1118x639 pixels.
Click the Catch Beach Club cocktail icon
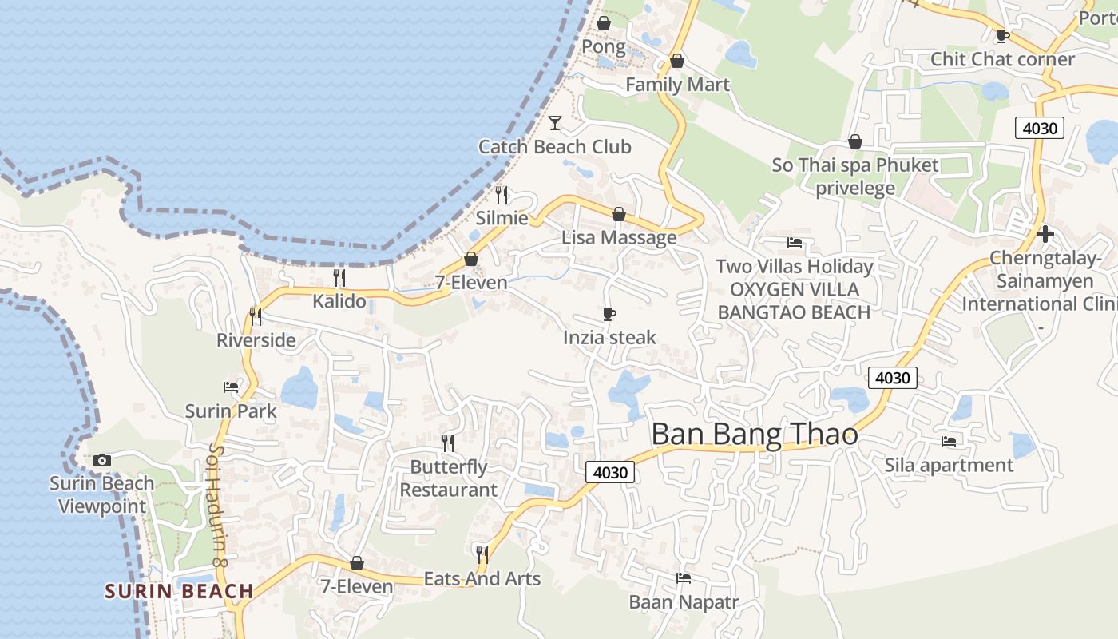555,123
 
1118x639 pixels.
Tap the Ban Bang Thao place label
754,435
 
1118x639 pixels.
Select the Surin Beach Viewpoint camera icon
101,460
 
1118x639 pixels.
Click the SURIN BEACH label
180,592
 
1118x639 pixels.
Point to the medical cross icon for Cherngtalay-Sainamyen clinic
1045,234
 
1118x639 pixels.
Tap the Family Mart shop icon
677,61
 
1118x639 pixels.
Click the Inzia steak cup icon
609,314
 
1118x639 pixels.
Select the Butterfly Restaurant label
448,478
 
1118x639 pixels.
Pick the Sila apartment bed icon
949,441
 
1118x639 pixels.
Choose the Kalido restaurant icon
339,278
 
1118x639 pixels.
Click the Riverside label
256,340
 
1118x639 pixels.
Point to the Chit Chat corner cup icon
1003,36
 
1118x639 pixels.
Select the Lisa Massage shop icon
618,214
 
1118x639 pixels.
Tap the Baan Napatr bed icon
683,578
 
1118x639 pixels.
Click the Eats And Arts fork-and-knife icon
482,554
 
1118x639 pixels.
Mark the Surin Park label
231,411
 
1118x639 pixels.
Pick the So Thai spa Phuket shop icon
855,141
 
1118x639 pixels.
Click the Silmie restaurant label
502,217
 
